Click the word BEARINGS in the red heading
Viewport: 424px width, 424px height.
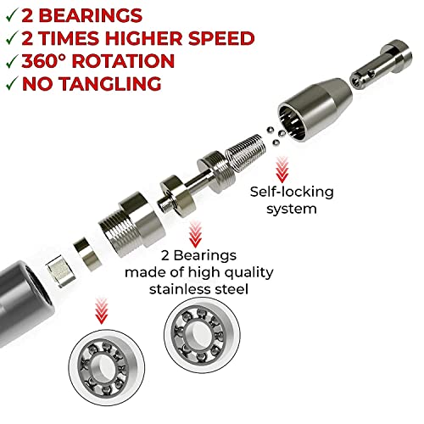point(90,15)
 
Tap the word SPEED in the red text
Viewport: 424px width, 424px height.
point(221,38)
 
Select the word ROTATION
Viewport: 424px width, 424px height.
point(123,61)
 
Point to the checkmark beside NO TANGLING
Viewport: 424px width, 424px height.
point(12,83)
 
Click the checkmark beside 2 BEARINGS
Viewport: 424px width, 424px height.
point(12,15)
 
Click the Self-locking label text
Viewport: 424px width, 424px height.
point(292,192)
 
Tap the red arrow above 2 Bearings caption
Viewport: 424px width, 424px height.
point(195,234)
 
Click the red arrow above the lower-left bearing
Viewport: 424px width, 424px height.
point(101,310)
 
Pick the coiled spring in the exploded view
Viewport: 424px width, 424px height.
point(246,152)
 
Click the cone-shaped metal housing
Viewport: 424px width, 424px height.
point(315,109)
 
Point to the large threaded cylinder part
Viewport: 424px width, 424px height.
point(131,225)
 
